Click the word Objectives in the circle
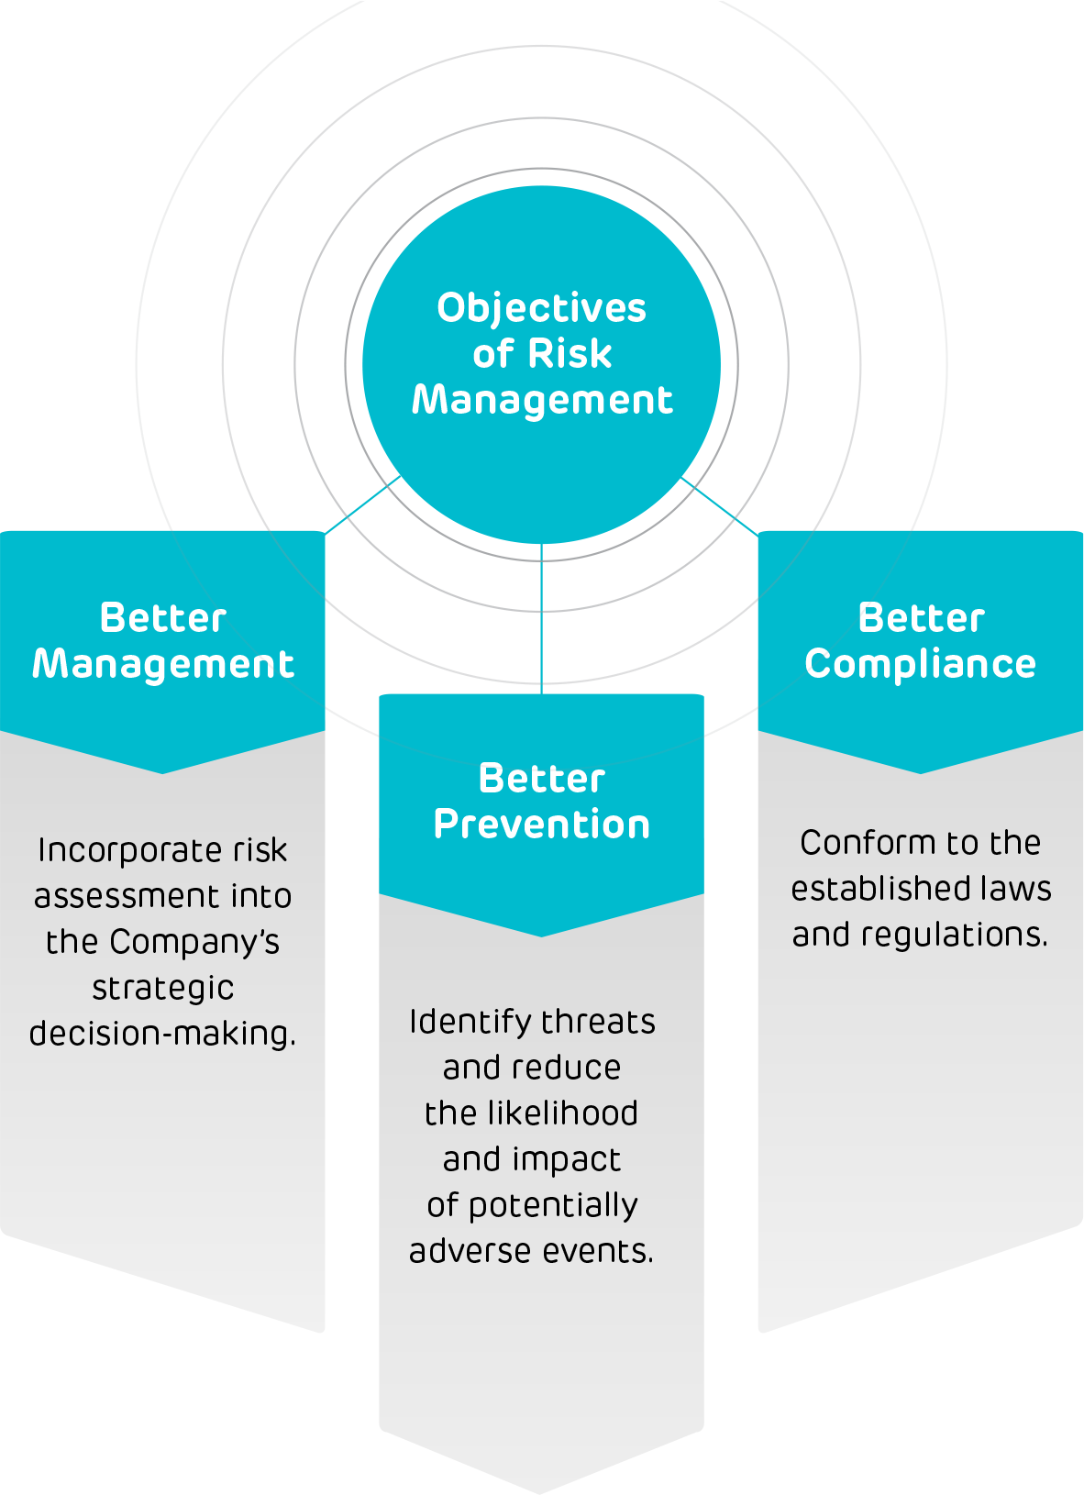(x=541, y=309)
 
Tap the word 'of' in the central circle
(x=492, y=354)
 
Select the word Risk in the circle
(x=570, y=354)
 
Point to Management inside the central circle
(x=542, y=400)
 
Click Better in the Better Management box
(x=162, y=618)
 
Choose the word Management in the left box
(x=163, y=665)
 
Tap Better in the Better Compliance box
(x=921, y=618)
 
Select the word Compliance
(x=920, y=665)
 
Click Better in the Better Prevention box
(x=541, y=779)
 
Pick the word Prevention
(x=541, y=825)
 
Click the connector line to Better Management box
(x=363, y=504)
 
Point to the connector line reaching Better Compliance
(x=719, y=505)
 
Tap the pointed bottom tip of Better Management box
(x=163, y=770)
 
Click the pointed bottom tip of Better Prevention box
(x=541, y=934)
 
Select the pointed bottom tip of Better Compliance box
(x=921, y=770)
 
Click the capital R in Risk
(x=541, y=354)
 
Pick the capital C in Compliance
(x=818, y=664)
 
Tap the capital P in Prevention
(x=446, y=825)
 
